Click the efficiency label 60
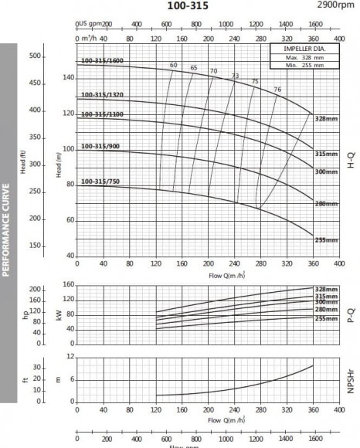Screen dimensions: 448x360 (173, 65)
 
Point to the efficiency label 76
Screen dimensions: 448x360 (277, 90)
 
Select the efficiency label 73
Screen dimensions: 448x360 (235, 76)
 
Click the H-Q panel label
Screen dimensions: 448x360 (352, 160)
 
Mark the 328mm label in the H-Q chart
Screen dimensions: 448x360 (327, 120)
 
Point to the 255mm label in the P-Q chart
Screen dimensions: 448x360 (327, 318)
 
